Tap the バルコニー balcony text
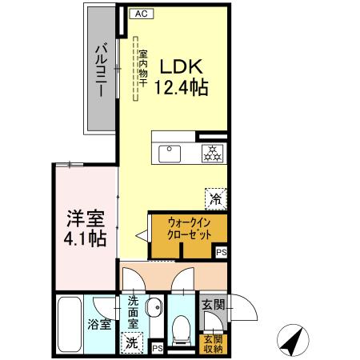(x=102, y=70)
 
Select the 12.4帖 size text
(x=182, y=86)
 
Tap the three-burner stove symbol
(x=212, y=152)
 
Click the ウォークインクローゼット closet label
(x=190, y=230)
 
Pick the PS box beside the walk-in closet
(x=221, y=252)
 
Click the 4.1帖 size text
(x=86, y=238)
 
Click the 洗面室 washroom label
(x=134, y=314)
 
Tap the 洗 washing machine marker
(x=133, y=341)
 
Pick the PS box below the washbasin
(x=158, y=347)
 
